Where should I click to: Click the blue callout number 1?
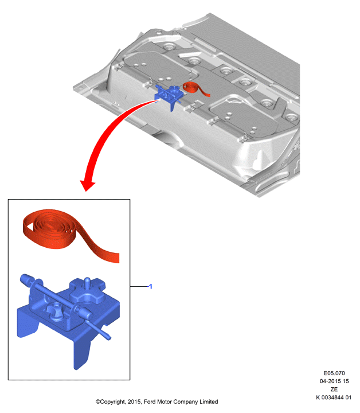click(x=151, y=286)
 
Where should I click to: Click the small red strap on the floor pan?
click(x=196, y=89)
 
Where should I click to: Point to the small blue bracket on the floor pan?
click(x=169, y=96)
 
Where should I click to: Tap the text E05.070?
click(x=334, y=373)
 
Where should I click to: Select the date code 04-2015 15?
click(x=334, y=381)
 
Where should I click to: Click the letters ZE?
click(x=334, y=389)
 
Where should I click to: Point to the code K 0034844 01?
click(x=334, y=397)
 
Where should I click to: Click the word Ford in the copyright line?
click(x=150, y=402)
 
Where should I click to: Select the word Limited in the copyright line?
click(x=209, y=402)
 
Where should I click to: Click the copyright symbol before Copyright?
click(x=98, y=402)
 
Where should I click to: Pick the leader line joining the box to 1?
click(x=139, y=286)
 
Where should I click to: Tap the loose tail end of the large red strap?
click(x=116, y=258)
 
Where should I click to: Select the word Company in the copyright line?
click(x=186, y=402)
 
